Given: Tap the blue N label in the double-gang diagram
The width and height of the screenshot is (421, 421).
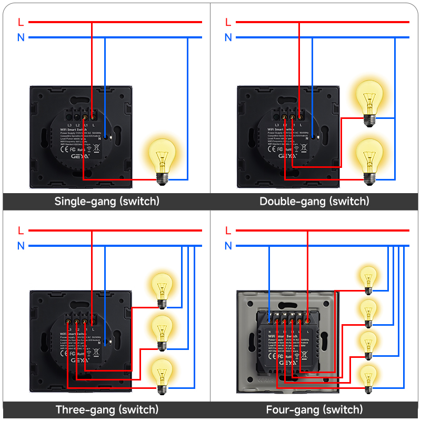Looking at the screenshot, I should tap(228, 37).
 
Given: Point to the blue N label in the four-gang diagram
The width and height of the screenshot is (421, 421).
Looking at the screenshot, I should tap(228, 246).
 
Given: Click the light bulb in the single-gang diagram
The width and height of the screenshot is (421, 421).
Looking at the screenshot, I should tap(162, 159).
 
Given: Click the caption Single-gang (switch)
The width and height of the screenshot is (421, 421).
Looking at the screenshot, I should tap(107, 201).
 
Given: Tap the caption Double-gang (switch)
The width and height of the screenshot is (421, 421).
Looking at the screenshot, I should tap(314, 201).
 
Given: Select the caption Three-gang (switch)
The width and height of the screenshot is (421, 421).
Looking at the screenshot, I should tap(107, 409).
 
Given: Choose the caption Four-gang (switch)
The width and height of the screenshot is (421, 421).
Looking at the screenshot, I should tap(314, 409).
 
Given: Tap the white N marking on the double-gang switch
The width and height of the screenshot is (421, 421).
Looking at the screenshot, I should tap(321, 138).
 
